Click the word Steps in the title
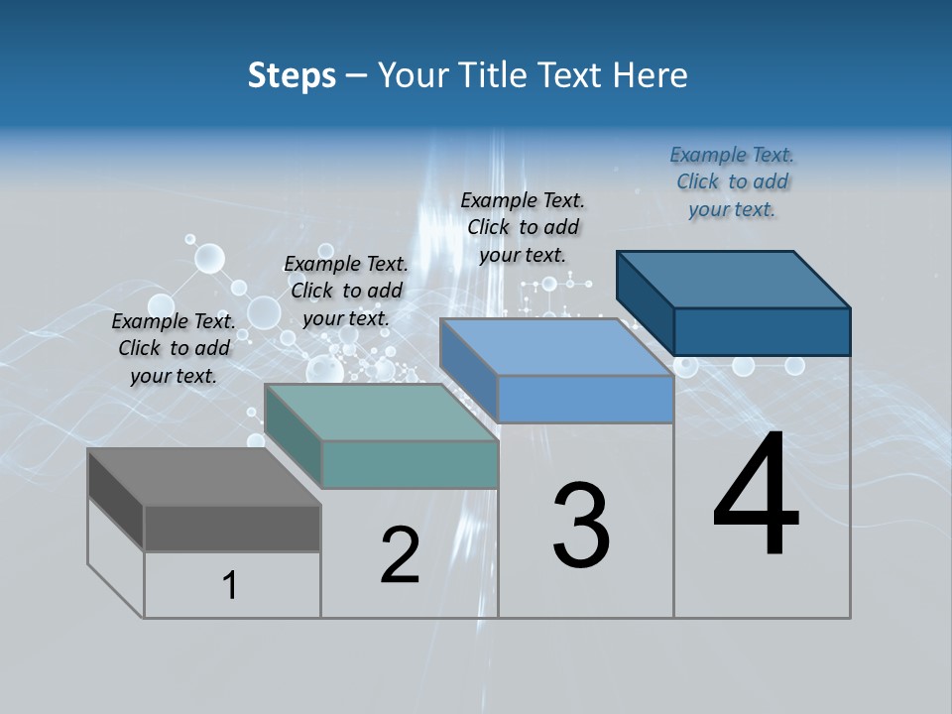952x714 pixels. click(x=292, y=76)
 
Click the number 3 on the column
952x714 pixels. click(x=581, y=526)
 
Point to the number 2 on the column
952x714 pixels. click(x=400, y=555)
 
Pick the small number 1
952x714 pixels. click(x=230, y=586)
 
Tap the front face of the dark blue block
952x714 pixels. click(x=762, y=331)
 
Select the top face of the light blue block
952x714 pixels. click(x=556, y=347)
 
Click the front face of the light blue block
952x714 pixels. click(x=585, y=399)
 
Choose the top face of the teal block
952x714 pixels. click(x=381, y=413)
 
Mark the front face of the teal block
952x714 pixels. click(x=410, y=464)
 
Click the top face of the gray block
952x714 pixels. click(x=203, y=477)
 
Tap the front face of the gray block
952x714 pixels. click(x=232, y=528)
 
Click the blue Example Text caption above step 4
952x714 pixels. click(x=732, y=181)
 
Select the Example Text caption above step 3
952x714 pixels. click(x=523, y=227)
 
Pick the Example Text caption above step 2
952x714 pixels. click(x=346, y=291)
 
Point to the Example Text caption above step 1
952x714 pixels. click(x=174, y=348)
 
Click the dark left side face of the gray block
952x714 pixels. click(x=115, y=499)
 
